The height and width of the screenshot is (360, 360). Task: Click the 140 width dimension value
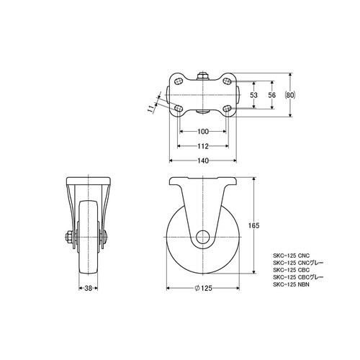[203, 161]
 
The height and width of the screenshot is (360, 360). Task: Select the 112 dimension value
[203, 146]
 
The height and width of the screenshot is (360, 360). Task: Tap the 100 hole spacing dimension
[203, 132]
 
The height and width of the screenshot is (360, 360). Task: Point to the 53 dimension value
[253, 95]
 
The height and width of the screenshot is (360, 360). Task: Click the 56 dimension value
[272, 95]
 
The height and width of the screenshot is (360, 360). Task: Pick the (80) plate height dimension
[290, 95]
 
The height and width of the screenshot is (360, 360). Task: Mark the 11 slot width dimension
[150, 109]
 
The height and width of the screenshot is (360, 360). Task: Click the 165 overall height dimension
[253, 225]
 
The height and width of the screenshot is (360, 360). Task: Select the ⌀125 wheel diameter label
[203, 288]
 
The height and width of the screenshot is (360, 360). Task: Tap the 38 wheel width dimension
[89, 288]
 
